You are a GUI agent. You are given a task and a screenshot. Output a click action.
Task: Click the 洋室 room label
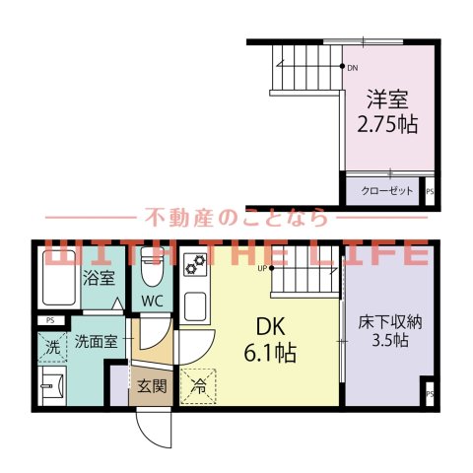(x=387, y=100)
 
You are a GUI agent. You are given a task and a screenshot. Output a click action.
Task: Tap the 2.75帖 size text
(x=387, y=124)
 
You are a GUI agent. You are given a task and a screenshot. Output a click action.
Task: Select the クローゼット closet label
(x=387, y=190)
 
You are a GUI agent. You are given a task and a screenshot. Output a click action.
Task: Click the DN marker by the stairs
(x=353, y=67)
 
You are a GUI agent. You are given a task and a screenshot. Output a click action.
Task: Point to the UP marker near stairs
(x=263, y=267)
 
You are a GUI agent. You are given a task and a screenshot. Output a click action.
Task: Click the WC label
(x=152, y=300)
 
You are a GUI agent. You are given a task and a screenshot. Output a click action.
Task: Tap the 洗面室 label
(x=97, y=342)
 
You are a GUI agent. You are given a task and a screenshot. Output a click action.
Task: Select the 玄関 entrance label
(x=152, y=385)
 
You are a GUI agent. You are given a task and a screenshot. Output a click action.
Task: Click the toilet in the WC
(x=152, y=266)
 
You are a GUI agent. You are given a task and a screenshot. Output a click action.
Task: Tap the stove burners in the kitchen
(x=193, y=264)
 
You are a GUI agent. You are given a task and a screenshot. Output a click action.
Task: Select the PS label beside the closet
(x=429, y=193)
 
